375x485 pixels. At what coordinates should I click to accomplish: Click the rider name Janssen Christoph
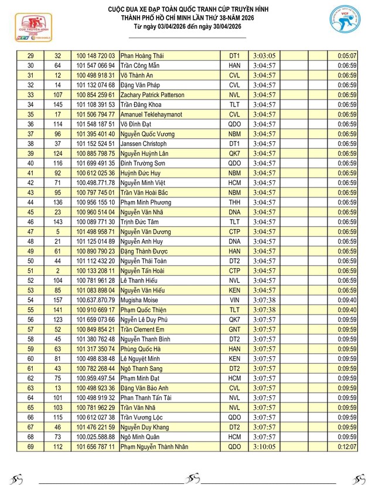click(144, 144)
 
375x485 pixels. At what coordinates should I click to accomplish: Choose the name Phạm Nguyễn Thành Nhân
click(159, 447)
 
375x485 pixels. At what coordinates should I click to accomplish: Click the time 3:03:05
click(265, 56)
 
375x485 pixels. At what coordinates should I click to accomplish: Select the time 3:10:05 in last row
click(265, 447)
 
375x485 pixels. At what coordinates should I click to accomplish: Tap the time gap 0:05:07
click(347, 56)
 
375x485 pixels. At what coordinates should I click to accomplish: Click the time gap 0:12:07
click(347, 447)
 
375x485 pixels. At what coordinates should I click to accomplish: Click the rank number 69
click(30, 447)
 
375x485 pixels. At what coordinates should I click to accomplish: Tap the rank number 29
click(30, 56)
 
